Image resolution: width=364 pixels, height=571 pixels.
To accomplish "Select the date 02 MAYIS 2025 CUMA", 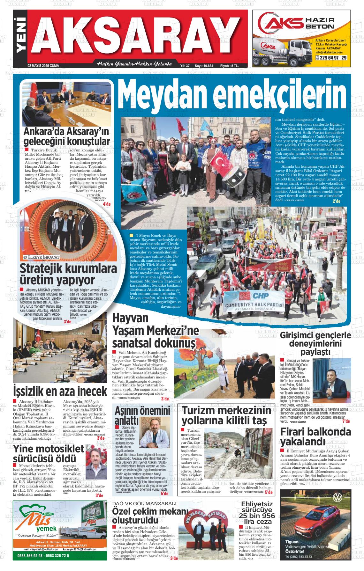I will (43, 66).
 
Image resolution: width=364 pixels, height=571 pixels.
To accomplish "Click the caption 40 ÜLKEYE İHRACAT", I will (41, 257).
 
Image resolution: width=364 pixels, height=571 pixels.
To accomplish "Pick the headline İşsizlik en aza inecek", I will (60, 391).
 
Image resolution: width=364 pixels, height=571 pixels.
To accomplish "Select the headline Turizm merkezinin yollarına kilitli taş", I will (226, 416).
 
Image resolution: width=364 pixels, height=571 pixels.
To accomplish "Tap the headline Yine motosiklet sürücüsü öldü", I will (49, 453).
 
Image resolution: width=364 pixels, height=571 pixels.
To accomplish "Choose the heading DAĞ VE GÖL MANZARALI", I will (144, 503).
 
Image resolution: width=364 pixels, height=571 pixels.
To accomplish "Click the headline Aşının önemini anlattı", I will (142, 414).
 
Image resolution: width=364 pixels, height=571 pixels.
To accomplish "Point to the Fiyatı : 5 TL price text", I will (229, 66).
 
